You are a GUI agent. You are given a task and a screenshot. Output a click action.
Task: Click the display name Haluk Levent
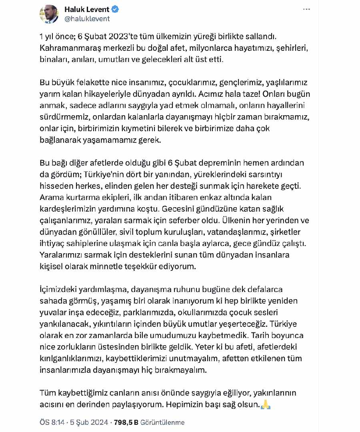[x=87, y=9]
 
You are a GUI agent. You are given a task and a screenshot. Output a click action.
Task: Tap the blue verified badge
[x=115, y=9]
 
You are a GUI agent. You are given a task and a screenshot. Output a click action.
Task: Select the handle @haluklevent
[x=87, y=18]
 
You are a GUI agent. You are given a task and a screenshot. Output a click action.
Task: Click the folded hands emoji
[x=266, y=404]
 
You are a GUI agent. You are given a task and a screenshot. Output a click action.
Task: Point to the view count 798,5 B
[x=126, y=422]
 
